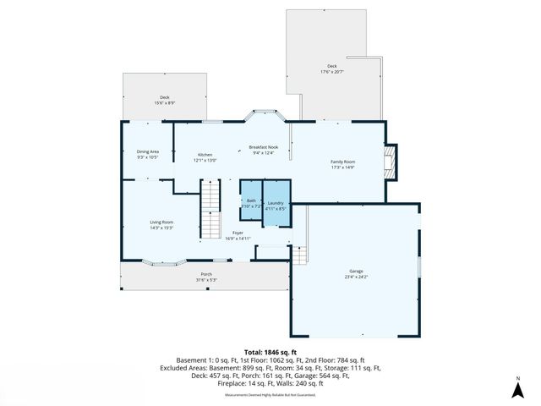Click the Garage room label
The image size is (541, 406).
click(355, 271)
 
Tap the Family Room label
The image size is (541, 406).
click(342, 162)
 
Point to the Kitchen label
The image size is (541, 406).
click(205, 155)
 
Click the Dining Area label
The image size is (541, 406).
click(148, 152)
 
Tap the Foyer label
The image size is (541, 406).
click(238, 233)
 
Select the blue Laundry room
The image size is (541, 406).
click(276, 203)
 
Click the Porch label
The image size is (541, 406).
click(206, 275)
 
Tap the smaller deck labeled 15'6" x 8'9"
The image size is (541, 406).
click(164, 98)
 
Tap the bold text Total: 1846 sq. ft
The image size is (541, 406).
click(270, 350)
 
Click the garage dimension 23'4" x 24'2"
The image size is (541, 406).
click(355, 277)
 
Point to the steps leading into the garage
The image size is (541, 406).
click(300, 254)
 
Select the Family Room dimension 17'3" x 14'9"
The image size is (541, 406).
click(342, 167)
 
